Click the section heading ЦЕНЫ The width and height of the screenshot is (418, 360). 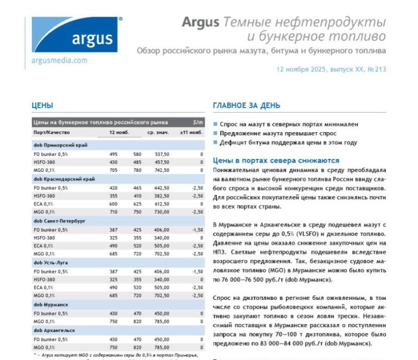tap(42, 106)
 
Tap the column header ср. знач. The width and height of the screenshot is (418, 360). tap(157, 133)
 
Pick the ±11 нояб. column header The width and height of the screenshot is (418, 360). tap(191, 133)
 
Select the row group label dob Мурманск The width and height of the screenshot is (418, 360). tap(51, 304)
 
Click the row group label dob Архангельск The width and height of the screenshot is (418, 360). tap(54, 330)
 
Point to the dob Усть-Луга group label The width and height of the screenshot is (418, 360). tap(52, 262)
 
